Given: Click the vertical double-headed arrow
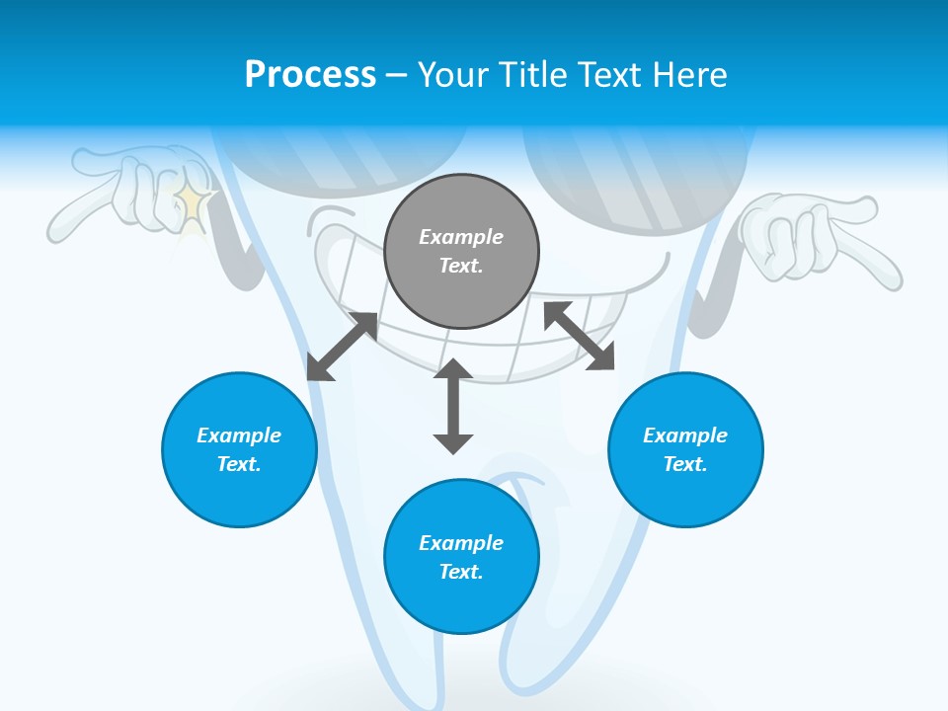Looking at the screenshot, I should tap(453, 406).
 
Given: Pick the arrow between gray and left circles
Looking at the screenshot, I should tap(342, 347).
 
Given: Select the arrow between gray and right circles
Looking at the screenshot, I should tap(580, 336).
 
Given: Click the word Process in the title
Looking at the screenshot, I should tap(310, 74).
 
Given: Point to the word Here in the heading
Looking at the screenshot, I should tap(690, 74).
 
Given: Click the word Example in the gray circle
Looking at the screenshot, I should tap(461, 237).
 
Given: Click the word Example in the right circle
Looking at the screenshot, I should tap(685, 435).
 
